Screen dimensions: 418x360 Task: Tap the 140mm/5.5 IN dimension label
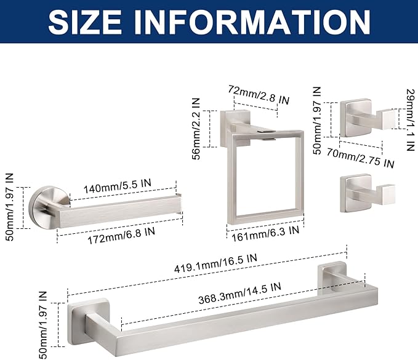pyautogui.click(x=118, y=186)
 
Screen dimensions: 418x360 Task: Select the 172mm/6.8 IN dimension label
pyautogui.click(x=121, y=236)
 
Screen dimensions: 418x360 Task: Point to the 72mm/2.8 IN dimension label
pyautogui.click(x=259, y=95)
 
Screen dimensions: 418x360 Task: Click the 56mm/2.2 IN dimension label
pyautogui.click(x=196, y=129)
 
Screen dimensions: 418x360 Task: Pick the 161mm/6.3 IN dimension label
pyautogui.click(x=265, y=234)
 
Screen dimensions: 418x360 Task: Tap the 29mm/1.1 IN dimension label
pyautogui.click(x=411, y=119)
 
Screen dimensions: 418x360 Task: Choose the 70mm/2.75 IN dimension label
pyautogui.click(x=360, y=158)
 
